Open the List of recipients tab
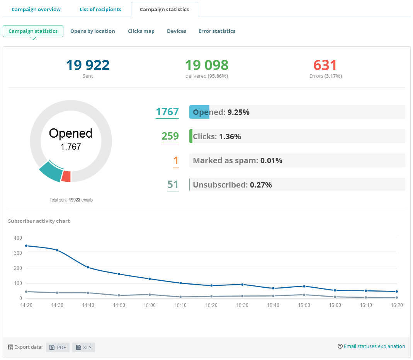click(x=100, y=9)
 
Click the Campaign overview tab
click(x=36, y=9)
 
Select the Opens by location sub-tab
click(x=92, y=31)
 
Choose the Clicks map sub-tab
click(x=141, y=31)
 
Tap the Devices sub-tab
click(x=176, y=31)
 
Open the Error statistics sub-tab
click(x=217, y=31)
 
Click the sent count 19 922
click(x=88, y=65)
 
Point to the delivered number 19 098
click(x=207, y=65)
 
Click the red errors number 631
click(x=325, y=65)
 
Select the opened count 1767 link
click(x=167, y=112)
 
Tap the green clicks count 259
click(x=170, y=136)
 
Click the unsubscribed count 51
click(x=173, y=185)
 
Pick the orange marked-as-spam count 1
click(x=176, y=160)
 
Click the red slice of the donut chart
click(x=66, y=176)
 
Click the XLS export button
click(x=84, y=347)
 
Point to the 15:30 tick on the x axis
click(x=242, y=305)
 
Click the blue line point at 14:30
click(x=57, y=250)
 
